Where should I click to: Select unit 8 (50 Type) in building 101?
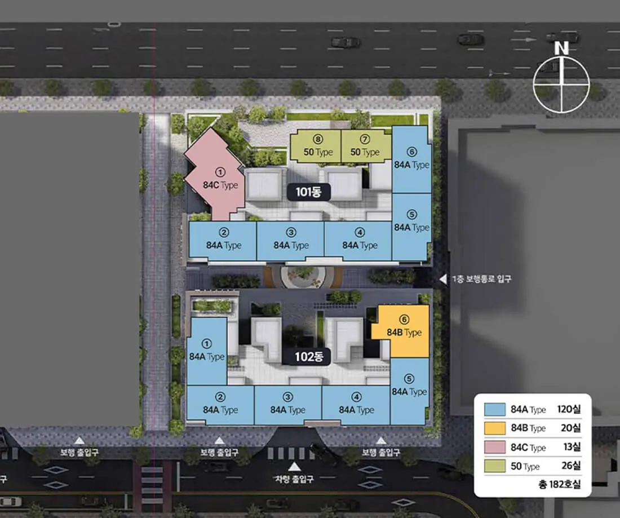click(x=316, y=147)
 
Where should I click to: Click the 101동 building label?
click(x=308, y=192)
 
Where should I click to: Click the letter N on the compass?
click(x=561, y=48)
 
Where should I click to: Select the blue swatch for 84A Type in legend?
click(x=495, y=409)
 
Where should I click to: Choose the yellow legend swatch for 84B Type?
click(x=495, y=428)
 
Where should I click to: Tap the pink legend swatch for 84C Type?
click(x=495, y=447)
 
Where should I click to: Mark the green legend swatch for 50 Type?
click(x=495, y=466)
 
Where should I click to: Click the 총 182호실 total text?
click(x=560, y=484)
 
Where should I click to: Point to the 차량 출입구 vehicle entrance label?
click(x=294, y=479)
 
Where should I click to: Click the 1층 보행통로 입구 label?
click(x=481, y=279)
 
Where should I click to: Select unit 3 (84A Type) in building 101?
click(x=290, y=241)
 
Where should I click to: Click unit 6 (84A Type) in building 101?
click(x=411, y=160)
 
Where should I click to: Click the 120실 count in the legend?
click(x=569, y=409)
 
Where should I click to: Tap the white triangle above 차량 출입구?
click(x=294, y=467)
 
